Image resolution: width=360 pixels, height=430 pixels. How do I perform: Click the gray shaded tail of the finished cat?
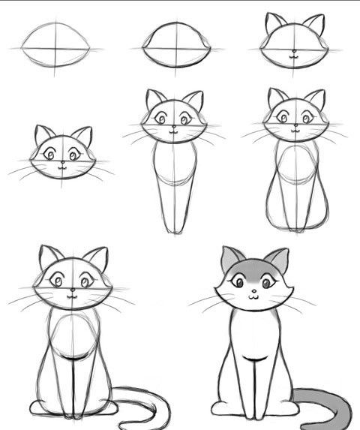pyautogui.click(x=330, y=398)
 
